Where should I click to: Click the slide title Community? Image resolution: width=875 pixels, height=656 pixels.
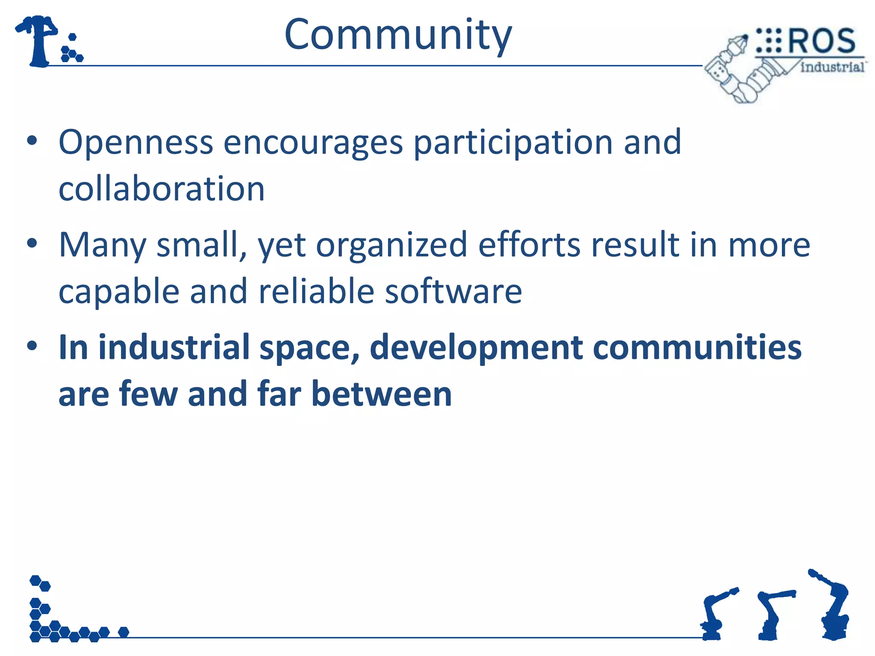point(398,35)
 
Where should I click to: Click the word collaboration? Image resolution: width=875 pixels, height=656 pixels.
point(161,189)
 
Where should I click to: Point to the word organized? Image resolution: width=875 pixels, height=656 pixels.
point(391,245)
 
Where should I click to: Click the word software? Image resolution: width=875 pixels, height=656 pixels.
point(453,291)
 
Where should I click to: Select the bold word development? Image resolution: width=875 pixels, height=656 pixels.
point(476,348)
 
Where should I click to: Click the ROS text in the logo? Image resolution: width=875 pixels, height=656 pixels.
point(821,41)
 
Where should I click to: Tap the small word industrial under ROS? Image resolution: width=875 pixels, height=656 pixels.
point(832,67)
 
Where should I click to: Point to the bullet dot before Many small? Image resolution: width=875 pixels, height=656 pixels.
point(32,243)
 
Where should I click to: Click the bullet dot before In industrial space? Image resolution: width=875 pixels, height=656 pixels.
point(32,346)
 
